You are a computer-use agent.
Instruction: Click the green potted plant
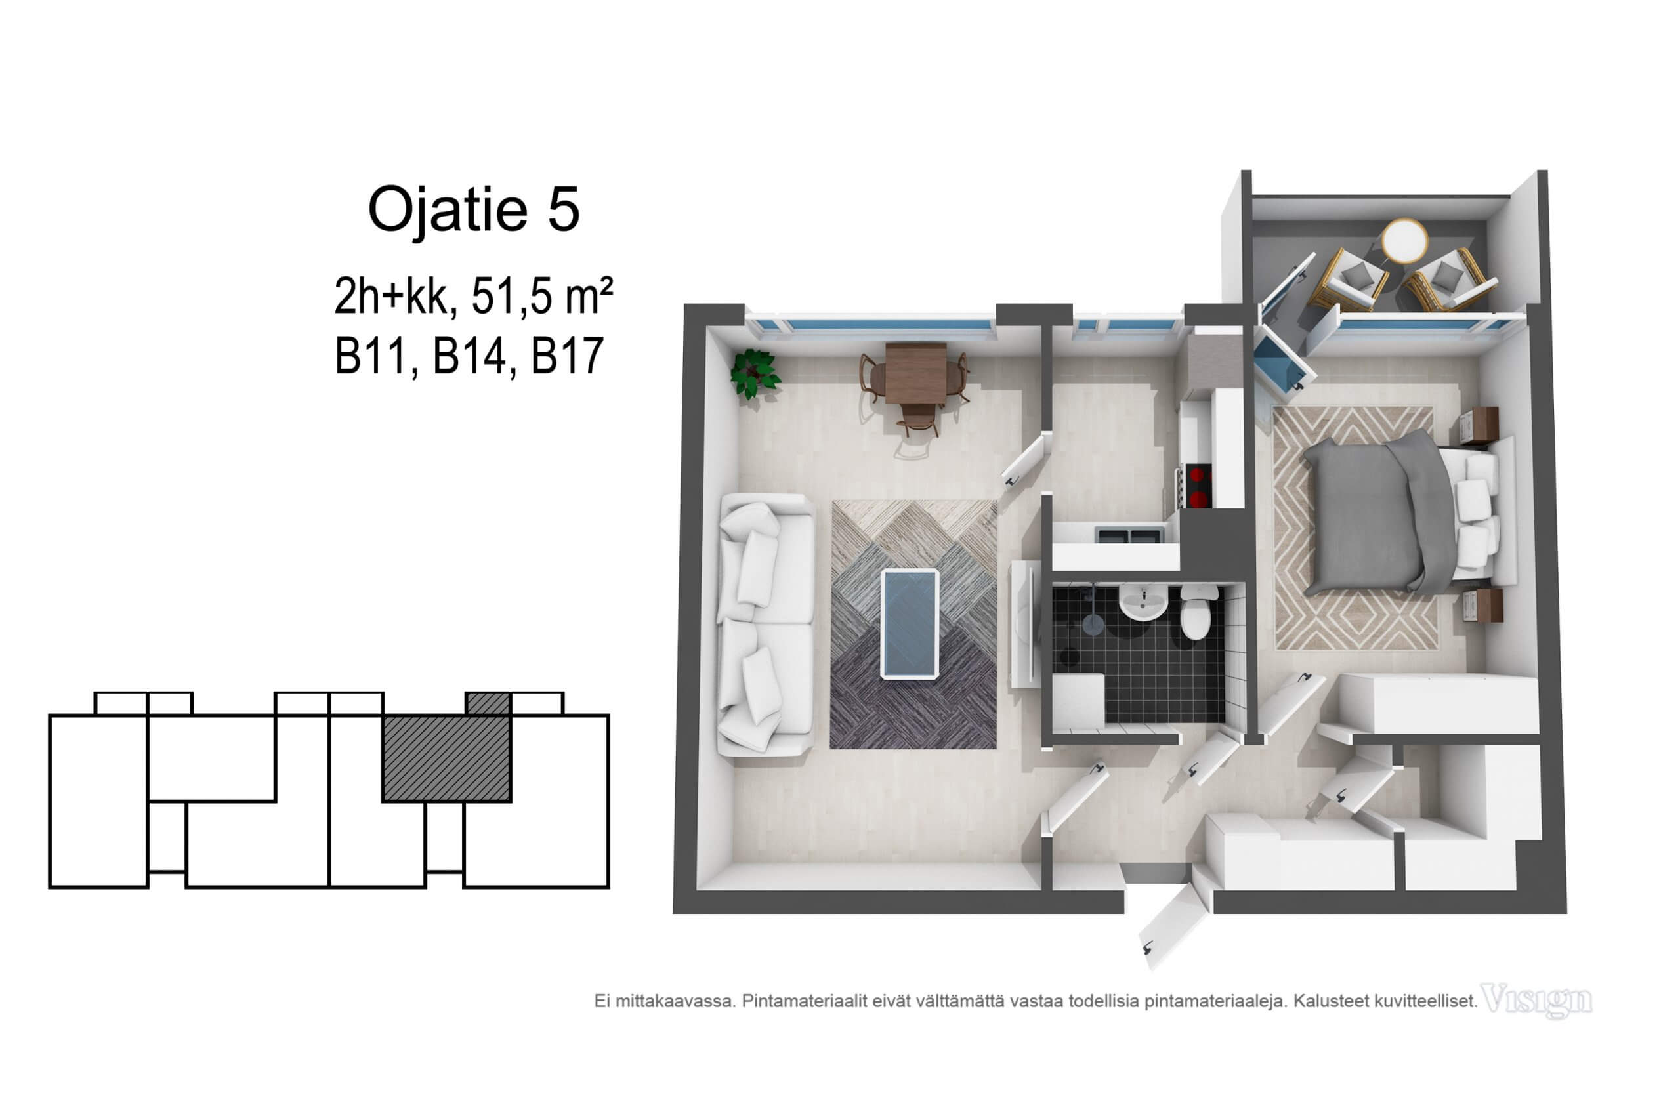pyautogui.click(x=754, y=373)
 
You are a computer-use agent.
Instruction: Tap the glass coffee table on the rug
pyautogui.click(x=910, y=623)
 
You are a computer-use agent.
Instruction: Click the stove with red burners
pyautogui.click(x=1198, y=486)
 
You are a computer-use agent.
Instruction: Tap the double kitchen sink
pyautogui.click(x=1129, y=535)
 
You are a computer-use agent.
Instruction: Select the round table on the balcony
pyautogui.click(x=1404, y=241)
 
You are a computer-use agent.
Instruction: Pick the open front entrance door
pyautogui.click(x=1177, y=924)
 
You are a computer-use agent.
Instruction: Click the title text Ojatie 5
pyautogui.click(x=474, y=209)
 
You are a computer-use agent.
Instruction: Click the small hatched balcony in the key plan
pyautogui.click(x=488, y=703)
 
